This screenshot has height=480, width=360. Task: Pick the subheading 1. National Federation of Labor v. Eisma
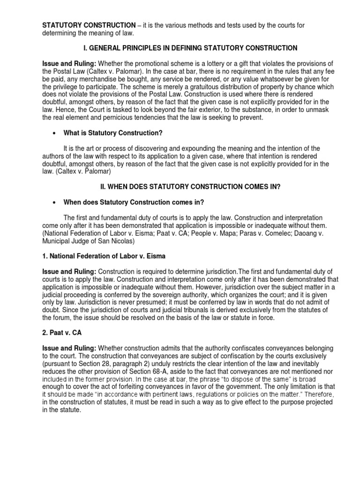(104, 256)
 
